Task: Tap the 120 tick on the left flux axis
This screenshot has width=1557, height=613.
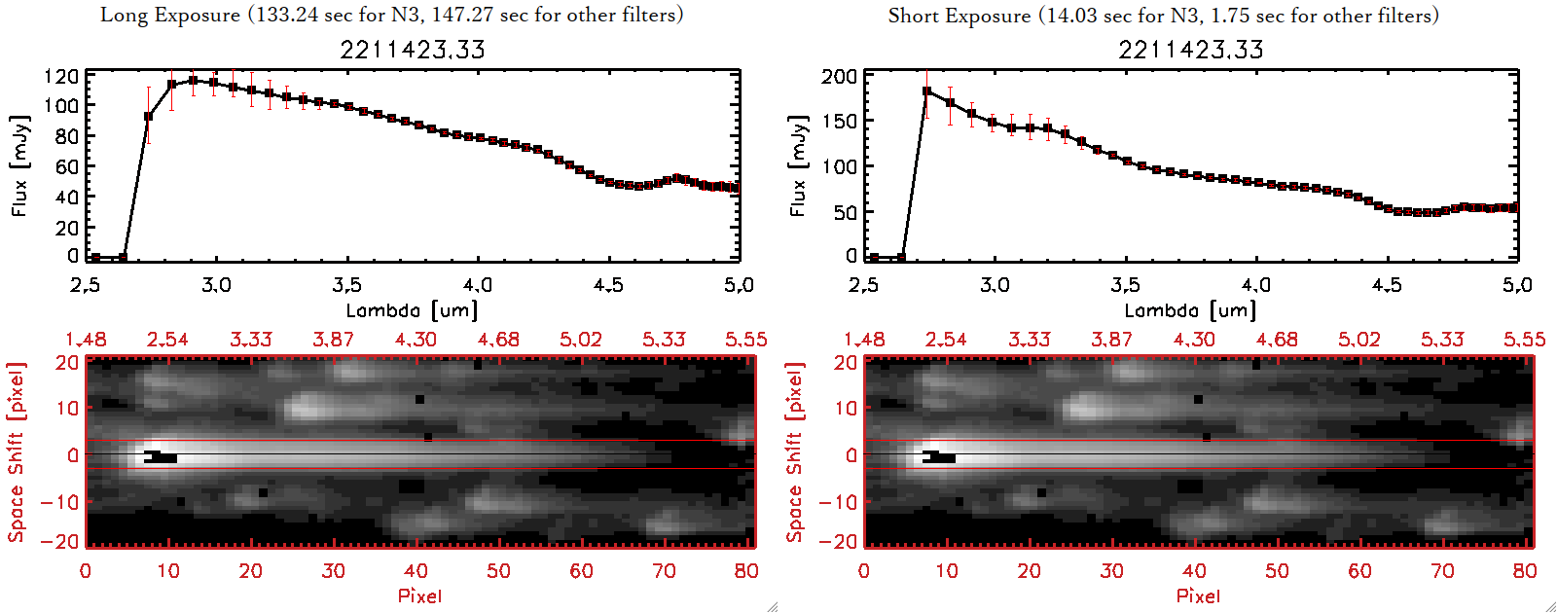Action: point(62,76)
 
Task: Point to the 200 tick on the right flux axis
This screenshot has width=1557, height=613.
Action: point(839,76)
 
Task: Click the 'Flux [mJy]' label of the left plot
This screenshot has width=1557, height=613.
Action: point(20,165)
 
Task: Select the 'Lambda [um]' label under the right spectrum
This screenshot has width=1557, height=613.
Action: point(1190,310)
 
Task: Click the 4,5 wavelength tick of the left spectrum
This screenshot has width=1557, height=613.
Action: point(608,285)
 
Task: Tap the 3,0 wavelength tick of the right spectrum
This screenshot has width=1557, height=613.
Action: point(995,285)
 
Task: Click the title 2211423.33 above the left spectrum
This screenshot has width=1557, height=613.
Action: point(413,50)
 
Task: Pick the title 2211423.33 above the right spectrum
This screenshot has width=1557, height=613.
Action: point(1191,50)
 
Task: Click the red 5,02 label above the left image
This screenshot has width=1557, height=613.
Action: point(581,340)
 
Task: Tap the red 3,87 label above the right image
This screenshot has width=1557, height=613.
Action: point(1111,340)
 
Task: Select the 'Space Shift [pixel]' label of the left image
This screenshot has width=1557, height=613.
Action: point(17,452)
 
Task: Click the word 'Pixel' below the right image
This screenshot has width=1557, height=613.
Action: point(1198,595)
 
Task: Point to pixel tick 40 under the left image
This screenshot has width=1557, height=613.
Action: point(416,571)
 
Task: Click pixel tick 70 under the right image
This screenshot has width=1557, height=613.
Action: point(1442,571)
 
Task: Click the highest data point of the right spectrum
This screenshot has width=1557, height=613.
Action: point(926,91)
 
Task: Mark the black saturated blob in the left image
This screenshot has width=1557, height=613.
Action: point(161,457)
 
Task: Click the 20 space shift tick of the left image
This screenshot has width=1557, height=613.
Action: point(67,363)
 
